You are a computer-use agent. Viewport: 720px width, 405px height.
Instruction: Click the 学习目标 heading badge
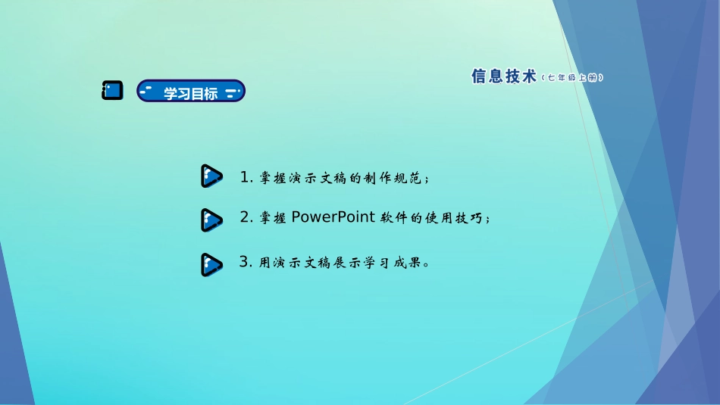pyautogui.click(x=191, y=92)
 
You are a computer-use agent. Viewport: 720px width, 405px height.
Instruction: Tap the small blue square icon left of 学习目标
pyautogui.click(x=112, y=91)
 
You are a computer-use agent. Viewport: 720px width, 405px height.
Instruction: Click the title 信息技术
pyautogui.click(x=503, y=76)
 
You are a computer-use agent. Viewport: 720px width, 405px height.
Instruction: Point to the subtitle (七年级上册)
pyautogui.click(x=573, y=77)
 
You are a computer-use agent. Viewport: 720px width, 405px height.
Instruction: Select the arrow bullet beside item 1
pyautogui.click(x=211, y=176)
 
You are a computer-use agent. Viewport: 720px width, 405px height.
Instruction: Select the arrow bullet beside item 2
pyautogui.click(x=211, y=220)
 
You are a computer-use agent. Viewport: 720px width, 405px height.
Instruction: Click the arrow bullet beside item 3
pyautogui.click(x=211, y=264)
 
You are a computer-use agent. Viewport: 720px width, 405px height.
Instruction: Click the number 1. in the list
pyautogui.click(x=246, y=178)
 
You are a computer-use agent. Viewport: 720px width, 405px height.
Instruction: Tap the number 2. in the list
pyautogui.click(x=246, y=218)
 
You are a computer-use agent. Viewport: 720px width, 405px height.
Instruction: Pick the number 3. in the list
pyautogui.click(x=245, y=263)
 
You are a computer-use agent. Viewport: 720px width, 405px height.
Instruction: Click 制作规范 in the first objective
pyautogui.click(x=393, y=179)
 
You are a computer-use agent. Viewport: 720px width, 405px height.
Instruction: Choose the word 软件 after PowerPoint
pyautogui.click(x=394, y=219)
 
